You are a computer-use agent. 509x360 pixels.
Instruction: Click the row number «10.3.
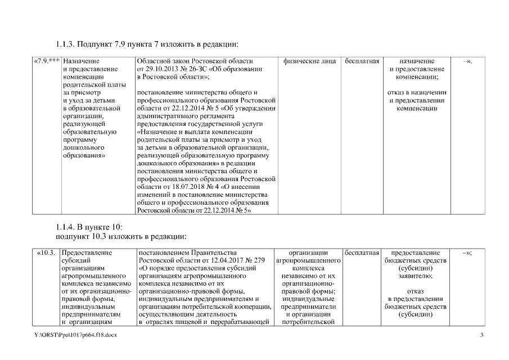click(46, 253)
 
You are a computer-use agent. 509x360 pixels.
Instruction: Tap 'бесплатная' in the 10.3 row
click(362, 253)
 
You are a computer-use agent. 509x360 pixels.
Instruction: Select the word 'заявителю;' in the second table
click(416, 276)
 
